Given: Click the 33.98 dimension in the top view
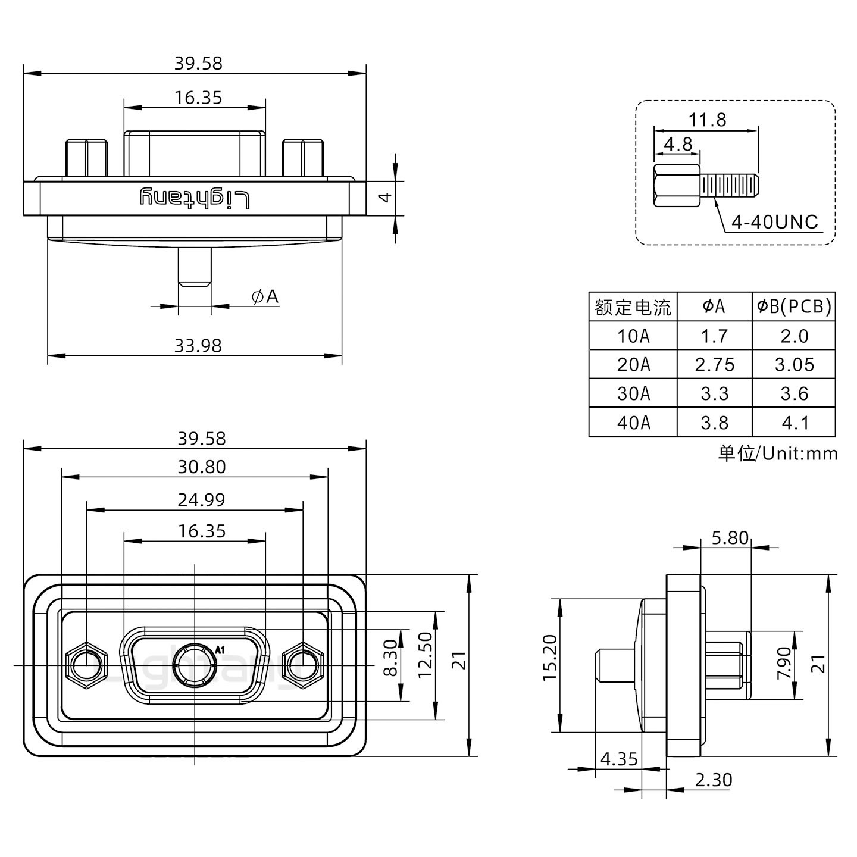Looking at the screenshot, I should [198, 345].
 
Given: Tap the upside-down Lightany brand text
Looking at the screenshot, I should [195, 199].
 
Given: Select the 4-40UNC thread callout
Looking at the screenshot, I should [774, 222].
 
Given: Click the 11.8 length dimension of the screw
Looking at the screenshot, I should [707, 120].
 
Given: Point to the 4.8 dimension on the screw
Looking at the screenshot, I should [678, 144].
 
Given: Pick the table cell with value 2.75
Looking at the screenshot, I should [714, 364].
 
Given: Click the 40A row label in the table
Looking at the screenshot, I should [633, 423].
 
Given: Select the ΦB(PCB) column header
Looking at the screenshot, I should [794, 306].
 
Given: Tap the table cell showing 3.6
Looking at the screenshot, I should [794, 393].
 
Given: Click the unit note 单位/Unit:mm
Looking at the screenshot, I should [777, 453].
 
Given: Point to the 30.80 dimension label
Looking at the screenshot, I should [201, 467].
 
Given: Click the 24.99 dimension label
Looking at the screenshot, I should [201, 500].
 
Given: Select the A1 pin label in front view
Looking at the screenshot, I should [219, 649].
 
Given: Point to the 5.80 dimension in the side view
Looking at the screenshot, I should [730, 538].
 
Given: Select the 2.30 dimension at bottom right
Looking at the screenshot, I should [713, 780].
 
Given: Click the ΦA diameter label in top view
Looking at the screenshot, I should [265, 296].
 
